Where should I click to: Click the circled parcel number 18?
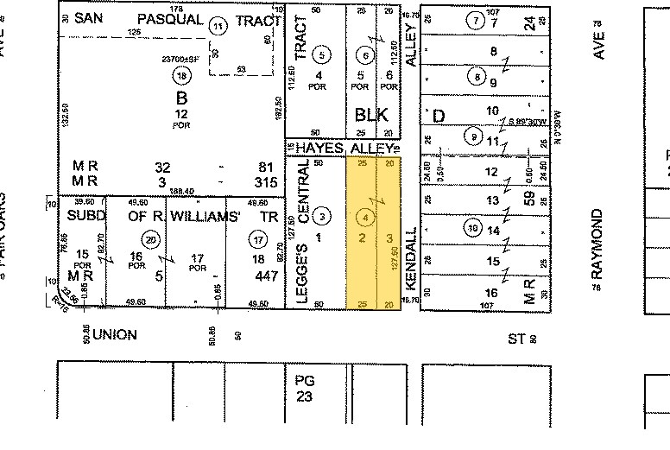(x=181, y=75)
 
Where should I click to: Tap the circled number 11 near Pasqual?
(x=219, y=27)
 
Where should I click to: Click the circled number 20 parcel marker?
(x=152, y=240)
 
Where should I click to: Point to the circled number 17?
(x=256, y=240)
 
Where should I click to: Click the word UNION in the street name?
(x=115, y=333)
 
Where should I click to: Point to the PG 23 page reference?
(x=304, y=390)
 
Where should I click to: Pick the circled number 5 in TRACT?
(x=322, y=55)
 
